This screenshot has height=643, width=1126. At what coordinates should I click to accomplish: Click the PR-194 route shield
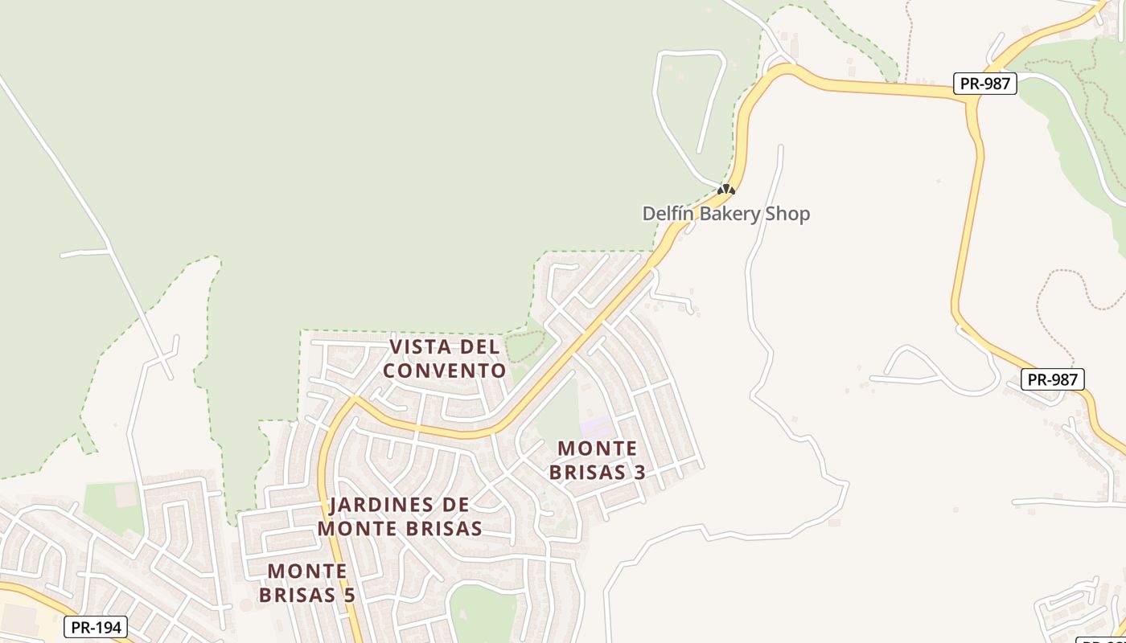pyautogui.click(x=96, y=627)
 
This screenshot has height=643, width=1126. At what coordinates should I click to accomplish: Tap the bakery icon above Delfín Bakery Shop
pyautogui.click(x=726, y=190)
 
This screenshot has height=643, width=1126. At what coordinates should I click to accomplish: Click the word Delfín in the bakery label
pyautogui.click(x=666, y=214)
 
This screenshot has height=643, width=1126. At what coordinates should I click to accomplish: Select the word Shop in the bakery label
pyautogui.click(x=790, y=214)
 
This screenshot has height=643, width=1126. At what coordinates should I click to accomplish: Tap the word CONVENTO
pyautogui.click(x=445, y=371)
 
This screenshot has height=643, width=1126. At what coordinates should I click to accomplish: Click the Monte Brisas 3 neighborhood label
pyautogui.click(x=598, y=460)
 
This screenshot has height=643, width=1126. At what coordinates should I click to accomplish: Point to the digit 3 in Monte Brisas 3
pyautogui.click(x=639, y=472)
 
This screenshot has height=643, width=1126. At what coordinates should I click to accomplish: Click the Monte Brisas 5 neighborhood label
pyautogui.click(x=307, y=583)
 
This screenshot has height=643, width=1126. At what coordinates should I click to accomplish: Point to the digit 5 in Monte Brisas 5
pyautogui.click(x=349, y=595)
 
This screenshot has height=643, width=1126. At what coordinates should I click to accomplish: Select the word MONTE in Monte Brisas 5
pyautogui.click(x=307, y=571)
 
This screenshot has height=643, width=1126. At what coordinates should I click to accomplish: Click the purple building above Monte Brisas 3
pyautogui.click(x=596, y=426)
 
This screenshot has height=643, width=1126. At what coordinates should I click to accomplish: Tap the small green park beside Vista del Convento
pyautogui.click(x=524, y=346)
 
